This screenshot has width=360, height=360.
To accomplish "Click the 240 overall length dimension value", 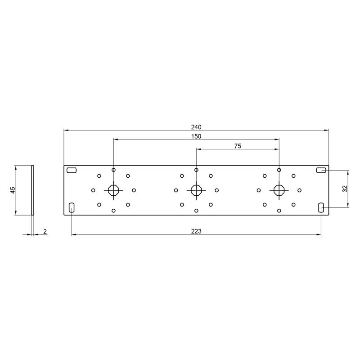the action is tap(196, 127).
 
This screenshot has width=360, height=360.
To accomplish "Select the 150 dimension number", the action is tap(196, 136).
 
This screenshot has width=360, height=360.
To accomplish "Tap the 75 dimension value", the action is tap(238, 146).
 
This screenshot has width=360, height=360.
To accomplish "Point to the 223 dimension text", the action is tap(196, 231).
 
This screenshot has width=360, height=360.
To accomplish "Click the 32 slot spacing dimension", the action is tap(345, 189).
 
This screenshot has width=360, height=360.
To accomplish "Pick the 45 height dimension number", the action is tap(13, 190).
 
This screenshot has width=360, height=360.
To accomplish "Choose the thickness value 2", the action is tap(45, 231).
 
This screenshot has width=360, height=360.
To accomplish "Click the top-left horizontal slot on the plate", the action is tap(72, 170).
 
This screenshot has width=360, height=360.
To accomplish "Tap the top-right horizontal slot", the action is tap(321, 170).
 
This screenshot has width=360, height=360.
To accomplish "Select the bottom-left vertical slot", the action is tap(72, 207).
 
